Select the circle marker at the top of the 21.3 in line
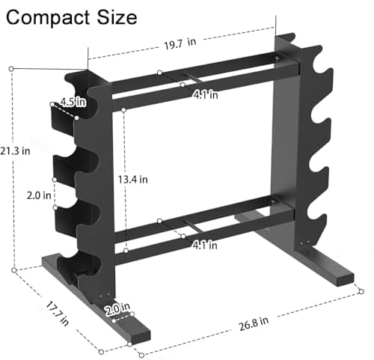pyautogui.click(x=12, y=68)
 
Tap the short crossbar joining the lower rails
pyautogui.click(x=193, y=228)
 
